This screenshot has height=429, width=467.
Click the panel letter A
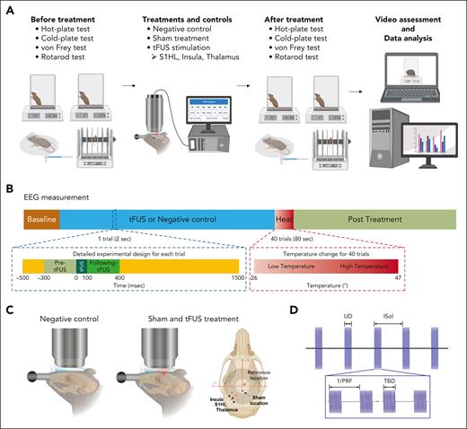click(10, 7)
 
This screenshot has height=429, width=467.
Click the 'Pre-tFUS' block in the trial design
click(59, 266)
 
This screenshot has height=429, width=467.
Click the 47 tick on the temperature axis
click(444, 279)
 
